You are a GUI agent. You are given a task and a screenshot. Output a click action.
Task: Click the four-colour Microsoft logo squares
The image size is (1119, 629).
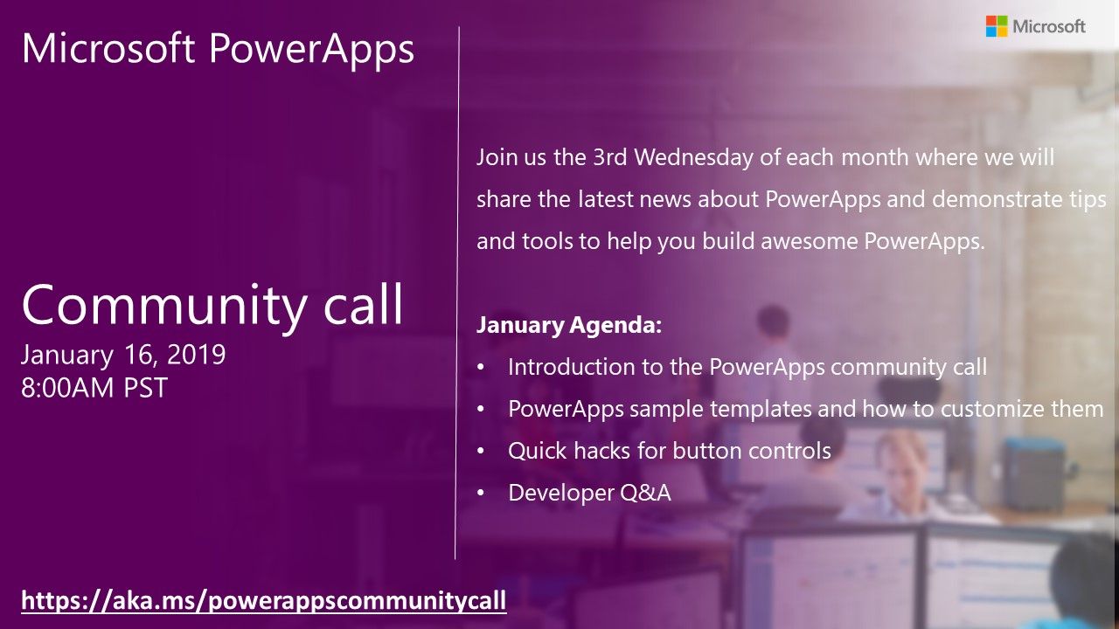pos(997,26)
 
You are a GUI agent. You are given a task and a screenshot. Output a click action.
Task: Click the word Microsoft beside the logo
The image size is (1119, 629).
pos(1049,26)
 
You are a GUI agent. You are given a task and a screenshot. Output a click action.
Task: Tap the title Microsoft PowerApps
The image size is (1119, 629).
pos(218,49)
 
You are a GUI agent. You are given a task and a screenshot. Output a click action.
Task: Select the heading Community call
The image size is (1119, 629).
pos(212,305)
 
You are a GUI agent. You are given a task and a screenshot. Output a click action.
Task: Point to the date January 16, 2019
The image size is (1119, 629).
pos(123,355)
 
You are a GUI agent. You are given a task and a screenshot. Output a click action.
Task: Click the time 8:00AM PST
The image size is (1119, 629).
pos(94,388)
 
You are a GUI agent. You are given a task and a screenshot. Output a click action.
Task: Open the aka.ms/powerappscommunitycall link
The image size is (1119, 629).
pos(264,600)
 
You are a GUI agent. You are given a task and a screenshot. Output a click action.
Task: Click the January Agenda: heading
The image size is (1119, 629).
pos(569,326)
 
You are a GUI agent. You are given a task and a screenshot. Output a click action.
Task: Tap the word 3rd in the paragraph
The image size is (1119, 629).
pos(610,157)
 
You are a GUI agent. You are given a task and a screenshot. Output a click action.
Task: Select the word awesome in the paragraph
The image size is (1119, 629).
pos(810,242)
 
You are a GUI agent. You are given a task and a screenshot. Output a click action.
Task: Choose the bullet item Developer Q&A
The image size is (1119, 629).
pos(589,493)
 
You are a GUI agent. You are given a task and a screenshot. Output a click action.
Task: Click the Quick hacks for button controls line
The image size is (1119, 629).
pos(670,451)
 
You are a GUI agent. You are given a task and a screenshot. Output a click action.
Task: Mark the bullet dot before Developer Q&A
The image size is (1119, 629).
pos(481,494)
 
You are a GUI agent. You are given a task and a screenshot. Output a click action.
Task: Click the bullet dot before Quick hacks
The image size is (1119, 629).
pos(481,452)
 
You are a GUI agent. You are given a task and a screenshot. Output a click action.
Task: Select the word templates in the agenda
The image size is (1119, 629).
pos(761,410)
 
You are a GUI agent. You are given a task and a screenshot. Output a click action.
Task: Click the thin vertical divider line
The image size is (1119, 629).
pos(457,293)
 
